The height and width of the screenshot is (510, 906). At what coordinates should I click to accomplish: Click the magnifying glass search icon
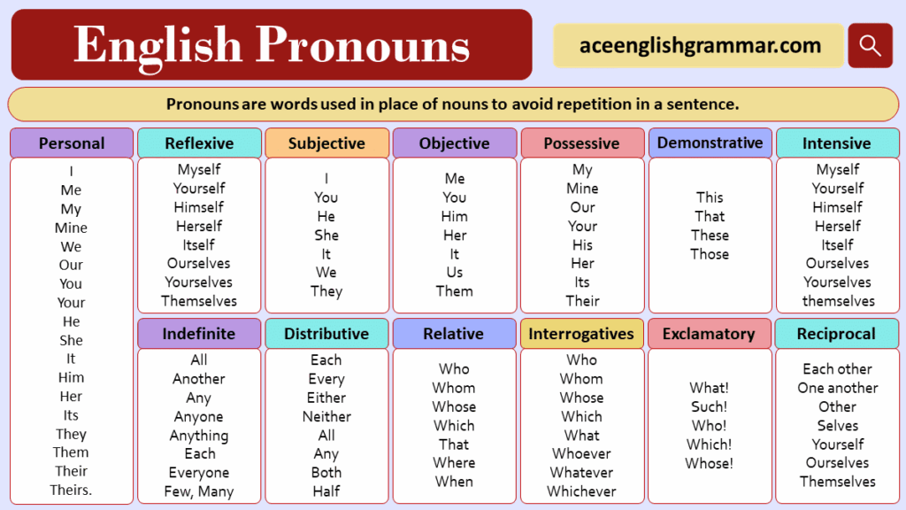[x=871, y=45]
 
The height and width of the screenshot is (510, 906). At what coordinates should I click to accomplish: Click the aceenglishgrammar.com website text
[x=700, y=45]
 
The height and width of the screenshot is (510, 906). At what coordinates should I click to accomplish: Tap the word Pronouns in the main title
[x=362, y=44]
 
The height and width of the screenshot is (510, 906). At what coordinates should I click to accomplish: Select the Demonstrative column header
[x=710, y=143]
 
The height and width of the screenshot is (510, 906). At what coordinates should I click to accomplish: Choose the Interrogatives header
[x=581, y=334]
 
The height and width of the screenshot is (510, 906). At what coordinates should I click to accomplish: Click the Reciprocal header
[x=836, y=334]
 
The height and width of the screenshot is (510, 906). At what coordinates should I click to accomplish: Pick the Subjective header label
[x=326, y=143]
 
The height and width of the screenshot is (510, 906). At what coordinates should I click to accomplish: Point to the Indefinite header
[x=199, y=334]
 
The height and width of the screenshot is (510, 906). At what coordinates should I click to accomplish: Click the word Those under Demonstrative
[x=710, y=254]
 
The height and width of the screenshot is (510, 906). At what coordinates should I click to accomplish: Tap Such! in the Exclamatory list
[x=709, y=406]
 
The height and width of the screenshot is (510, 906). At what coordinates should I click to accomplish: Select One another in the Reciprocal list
[x=838, y=388]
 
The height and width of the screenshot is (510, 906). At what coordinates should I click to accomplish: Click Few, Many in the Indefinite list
[x=199, y=491]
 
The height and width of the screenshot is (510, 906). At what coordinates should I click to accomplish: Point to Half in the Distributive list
[x=326, y=491]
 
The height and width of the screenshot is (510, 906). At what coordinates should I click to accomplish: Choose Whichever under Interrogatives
[x=581, y=491]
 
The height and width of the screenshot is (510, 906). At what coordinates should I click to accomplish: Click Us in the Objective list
[x=455, y=273]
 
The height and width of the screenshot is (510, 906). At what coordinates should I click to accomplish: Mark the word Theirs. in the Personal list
[x=71, y=490]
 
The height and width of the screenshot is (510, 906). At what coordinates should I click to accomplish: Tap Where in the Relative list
[x=454, y=462]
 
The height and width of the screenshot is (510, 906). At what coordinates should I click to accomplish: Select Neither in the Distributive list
[x=326, y=416]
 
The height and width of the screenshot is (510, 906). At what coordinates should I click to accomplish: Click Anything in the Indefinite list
[x=199, y=436]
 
